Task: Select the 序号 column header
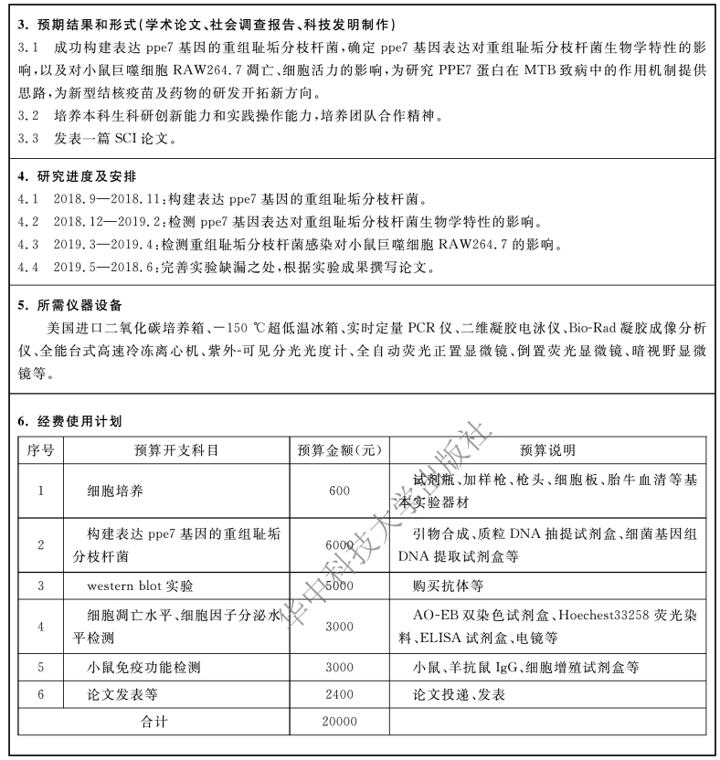pyautogui.click(x=41, y=450)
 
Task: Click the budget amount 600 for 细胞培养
pyautogui.click(x=338, y=491)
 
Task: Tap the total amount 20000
pyautogui.click(x=338, y=722)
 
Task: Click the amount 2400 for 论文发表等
pyautogui.click(x=338, y=695)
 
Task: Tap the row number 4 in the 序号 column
pyautogui.click(x=41, y=626)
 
